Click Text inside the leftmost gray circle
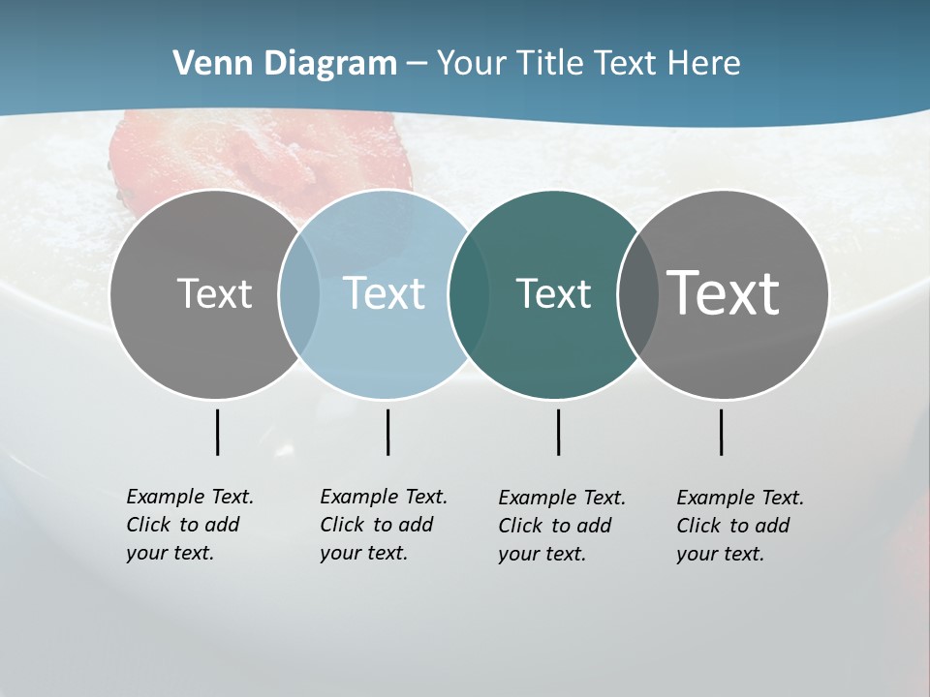click(x=214, y=293)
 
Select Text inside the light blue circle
click(x=384, y=293)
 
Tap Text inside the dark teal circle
click(x=553, y=293)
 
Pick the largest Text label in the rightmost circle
click(x=724, y=293)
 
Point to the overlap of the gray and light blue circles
click(x=299, y=294)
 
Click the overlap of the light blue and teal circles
click(x=469, y=294)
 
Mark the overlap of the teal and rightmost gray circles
click(x=637, y=294)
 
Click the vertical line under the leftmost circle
click(x=217, y=432)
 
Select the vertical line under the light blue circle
click(x=387, y=432)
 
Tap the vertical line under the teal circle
click(x=558, y=432)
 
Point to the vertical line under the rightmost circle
click(x=721, y=432)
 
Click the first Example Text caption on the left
click(x=189, y=525)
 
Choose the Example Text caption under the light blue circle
click(x=383, y=525)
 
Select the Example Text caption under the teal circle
click(x=561, y=526)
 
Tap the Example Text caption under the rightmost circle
click(x=739, y=526)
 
